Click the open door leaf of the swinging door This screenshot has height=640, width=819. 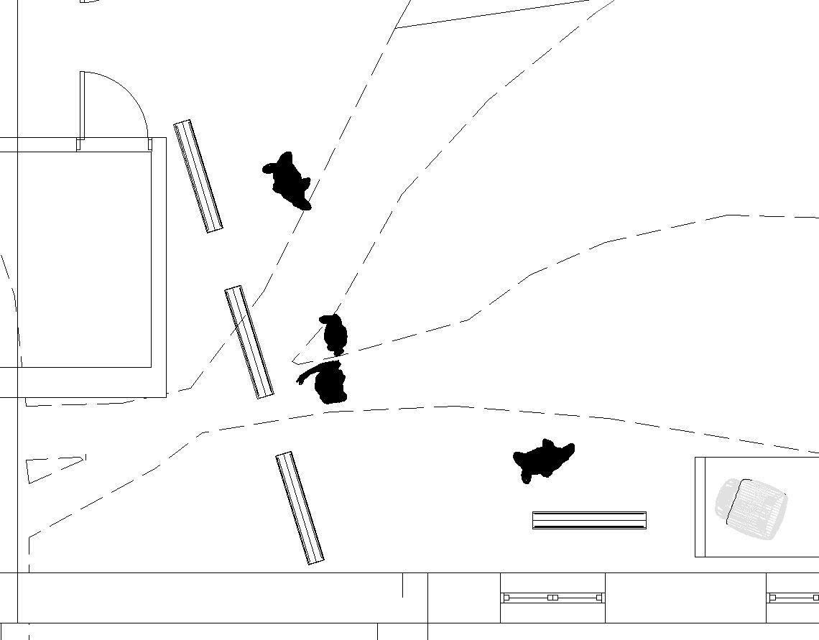(82, 105)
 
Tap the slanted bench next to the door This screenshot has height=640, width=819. (198, 176)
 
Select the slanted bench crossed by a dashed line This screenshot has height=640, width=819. (249, 342)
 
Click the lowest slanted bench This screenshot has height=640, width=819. (300, 508)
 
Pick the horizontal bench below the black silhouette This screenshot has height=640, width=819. (589, 520)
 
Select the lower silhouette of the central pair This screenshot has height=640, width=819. (330, 384)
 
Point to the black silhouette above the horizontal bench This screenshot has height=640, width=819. (544, 459)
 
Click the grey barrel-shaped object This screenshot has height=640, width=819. (751, 509)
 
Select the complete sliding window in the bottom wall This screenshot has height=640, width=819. (552, 598)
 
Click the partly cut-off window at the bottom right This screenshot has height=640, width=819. (793, 598)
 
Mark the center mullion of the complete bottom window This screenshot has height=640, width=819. (552, 598)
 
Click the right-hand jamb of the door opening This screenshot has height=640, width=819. (150, 144)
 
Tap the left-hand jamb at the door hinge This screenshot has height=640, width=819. (78, 144)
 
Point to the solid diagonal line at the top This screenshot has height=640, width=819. (493, 14)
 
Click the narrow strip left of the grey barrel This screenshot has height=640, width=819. (700, 507)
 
